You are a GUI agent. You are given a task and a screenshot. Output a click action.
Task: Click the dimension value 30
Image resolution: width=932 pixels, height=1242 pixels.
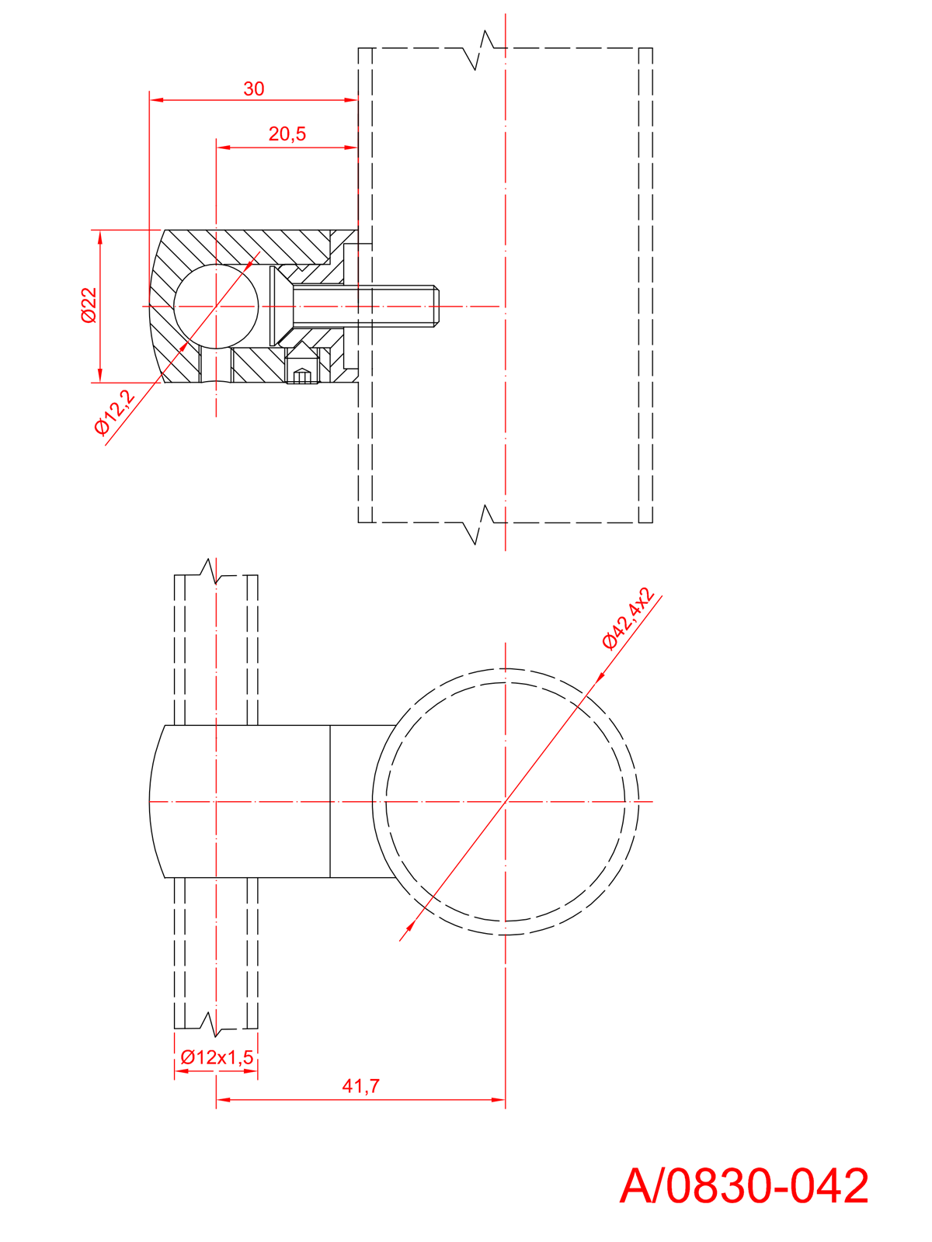click(253, 89)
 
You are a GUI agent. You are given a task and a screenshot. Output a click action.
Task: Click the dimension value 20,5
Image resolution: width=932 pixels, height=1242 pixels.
click(287, 134)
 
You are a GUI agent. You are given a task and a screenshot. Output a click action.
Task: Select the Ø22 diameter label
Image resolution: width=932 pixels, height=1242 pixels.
click(89, 305)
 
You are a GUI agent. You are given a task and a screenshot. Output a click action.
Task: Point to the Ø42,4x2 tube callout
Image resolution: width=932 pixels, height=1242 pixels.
click(628, 619)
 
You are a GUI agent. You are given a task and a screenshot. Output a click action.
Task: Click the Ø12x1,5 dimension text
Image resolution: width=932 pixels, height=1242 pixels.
click(217, 1057)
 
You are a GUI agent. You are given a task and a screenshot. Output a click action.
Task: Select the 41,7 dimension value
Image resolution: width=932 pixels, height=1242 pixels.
click(361, 1086)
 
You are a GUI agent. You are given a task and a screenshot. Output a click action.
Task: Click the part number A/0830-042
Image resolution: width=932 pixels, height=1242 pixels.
click(744, 1186)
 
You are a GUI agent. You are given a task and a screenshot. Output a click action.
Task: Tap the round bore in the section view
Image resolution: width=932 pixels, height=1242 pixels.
click(216, 307)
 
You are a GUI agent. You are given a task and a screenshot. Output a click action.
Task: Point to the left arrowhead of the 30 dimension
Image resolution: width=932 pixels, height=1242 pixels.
click(155, 100)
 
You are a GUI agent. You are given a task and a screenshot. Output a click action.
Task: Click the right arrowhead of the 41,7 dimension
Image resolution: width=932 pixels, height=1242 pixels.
click(499, 1099)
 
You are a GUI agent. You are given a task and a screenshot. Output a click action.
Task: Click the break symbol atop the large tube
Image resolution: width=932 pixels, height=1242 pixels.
click(479, 50)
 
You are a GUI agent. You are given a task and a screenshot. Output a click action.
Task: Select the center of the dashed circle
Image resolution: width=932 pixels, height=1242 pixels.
click(506, 801)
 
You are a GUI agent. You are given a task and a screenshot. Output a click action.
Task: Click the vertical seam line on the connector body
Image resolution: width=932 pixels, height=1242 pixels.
click(330, 801)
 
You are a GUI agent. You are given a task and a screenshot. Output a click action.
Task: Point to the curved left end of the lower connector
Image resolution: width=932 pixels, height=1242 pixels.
click(151, 801)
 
